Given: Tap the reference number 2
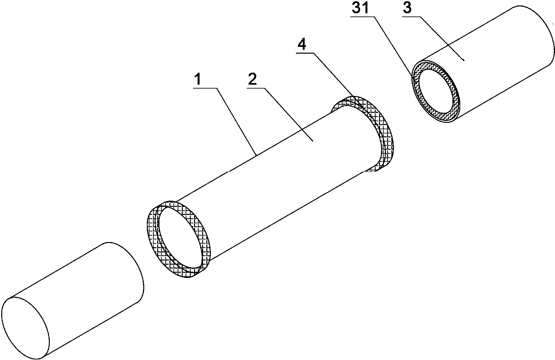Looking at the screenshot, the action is pos(252,79).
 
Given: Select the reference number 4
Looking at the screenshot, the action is pos(301,45).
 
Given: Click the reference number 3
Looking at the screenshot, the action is pos(407,8).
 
